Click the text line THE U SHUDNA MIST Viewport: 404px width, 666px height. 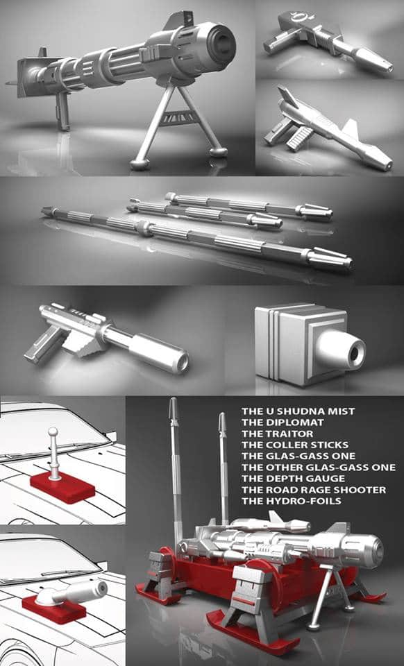[298, 411]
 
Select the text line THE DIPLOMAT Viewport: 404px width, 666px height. [283, 422]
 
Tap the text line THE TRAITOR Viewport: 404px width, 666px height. [278, 434]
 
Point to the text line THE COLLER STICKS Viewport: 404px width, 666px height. [295, 445]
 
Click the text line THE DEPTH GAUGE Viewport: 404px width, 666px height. [293, 478]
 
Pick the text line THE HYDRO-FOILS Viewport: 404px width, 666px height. [292, 501]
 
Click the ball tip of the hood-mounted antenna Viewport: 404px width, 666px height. [53, 432]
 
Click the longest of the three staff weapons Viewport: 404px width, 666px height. [196, 236]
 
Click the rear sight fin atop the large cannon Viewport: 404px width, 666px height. [179, 20]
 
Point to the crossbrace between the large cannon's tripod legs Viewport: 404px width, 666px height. [179, 117]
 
